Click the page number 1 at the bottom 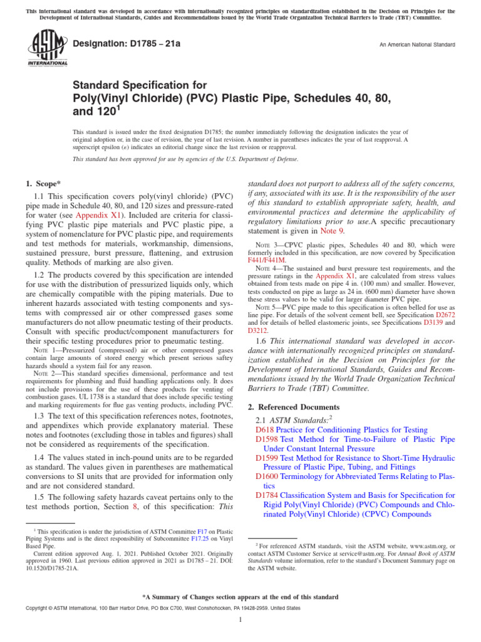click(240, 620)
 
